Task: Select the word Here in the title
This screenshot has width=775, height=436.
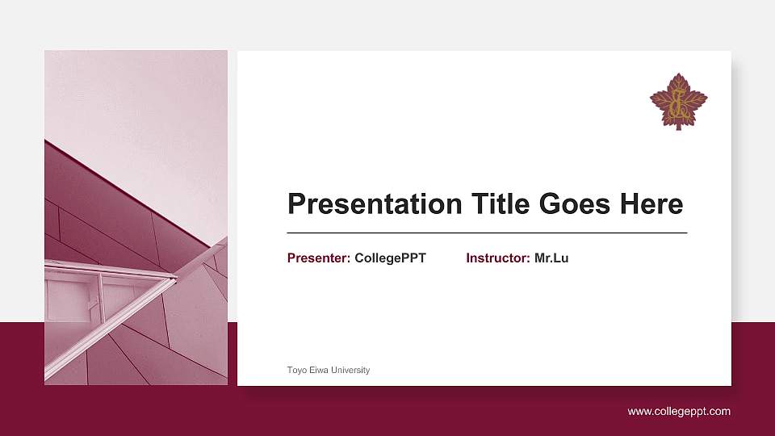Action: [651, 204]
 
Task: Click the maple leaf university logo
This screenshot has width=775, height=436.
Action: [678, 101]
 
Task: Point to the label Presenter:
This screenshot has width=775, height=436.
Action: [319, 258]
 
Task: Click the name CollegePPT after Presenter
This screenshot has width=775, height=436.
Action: [390, 258]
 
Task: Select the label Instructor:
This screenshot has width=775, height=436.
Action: [498, 258]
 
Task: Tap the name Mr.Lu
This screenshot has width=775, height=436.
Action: [551, 258]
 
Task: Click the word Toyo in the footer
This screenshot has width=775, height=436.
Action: [296, 371]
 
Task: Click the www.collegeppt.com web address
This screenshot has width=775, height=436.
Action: [679, 412]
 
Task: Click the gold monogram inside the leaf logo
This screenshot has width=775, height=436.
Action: [678, 103]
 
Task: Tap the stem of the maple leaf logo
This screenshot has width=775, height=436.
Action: [678, 125]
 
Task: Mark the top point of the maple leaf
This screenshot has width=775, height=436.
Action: [678, 75]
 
